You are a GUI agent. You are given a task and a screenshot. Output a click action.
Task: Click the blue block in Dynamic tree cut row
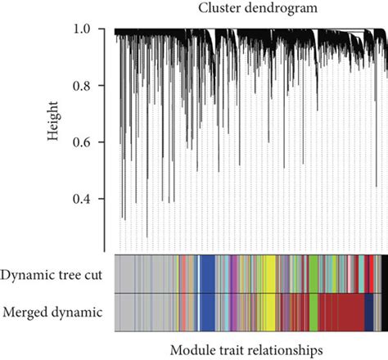207,273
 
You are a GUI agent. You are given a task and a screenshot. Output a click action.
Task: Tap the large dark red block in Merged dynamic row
340,313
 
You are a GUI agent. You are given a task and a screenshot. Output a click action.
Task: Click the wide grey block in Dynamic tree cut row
143,273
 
